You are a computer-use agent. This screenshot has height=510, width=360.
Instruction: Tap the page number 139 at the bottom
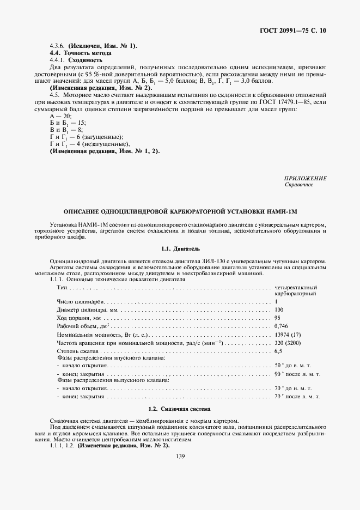tap(180, 456)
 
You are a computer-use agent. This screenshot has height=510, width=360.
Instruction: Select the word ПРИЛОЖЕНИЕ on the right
tap(306, 179)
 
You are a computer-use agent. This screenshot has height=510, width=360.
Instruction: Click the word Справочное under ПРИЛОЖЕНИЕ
tap(299, 185)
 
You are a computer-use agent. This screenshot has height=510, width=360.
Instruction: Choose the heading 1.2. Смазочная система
tap(180, 408)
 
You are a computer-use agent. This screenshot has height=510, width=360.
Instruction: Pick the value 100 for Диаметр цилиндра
tap(279, 309)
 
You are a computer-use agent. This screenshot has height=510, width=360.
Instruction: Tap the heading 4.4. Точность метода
tap(81, 53)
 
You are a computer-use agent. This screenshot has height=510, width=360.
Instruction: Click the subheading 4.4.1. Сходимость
tap(80, 60)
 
